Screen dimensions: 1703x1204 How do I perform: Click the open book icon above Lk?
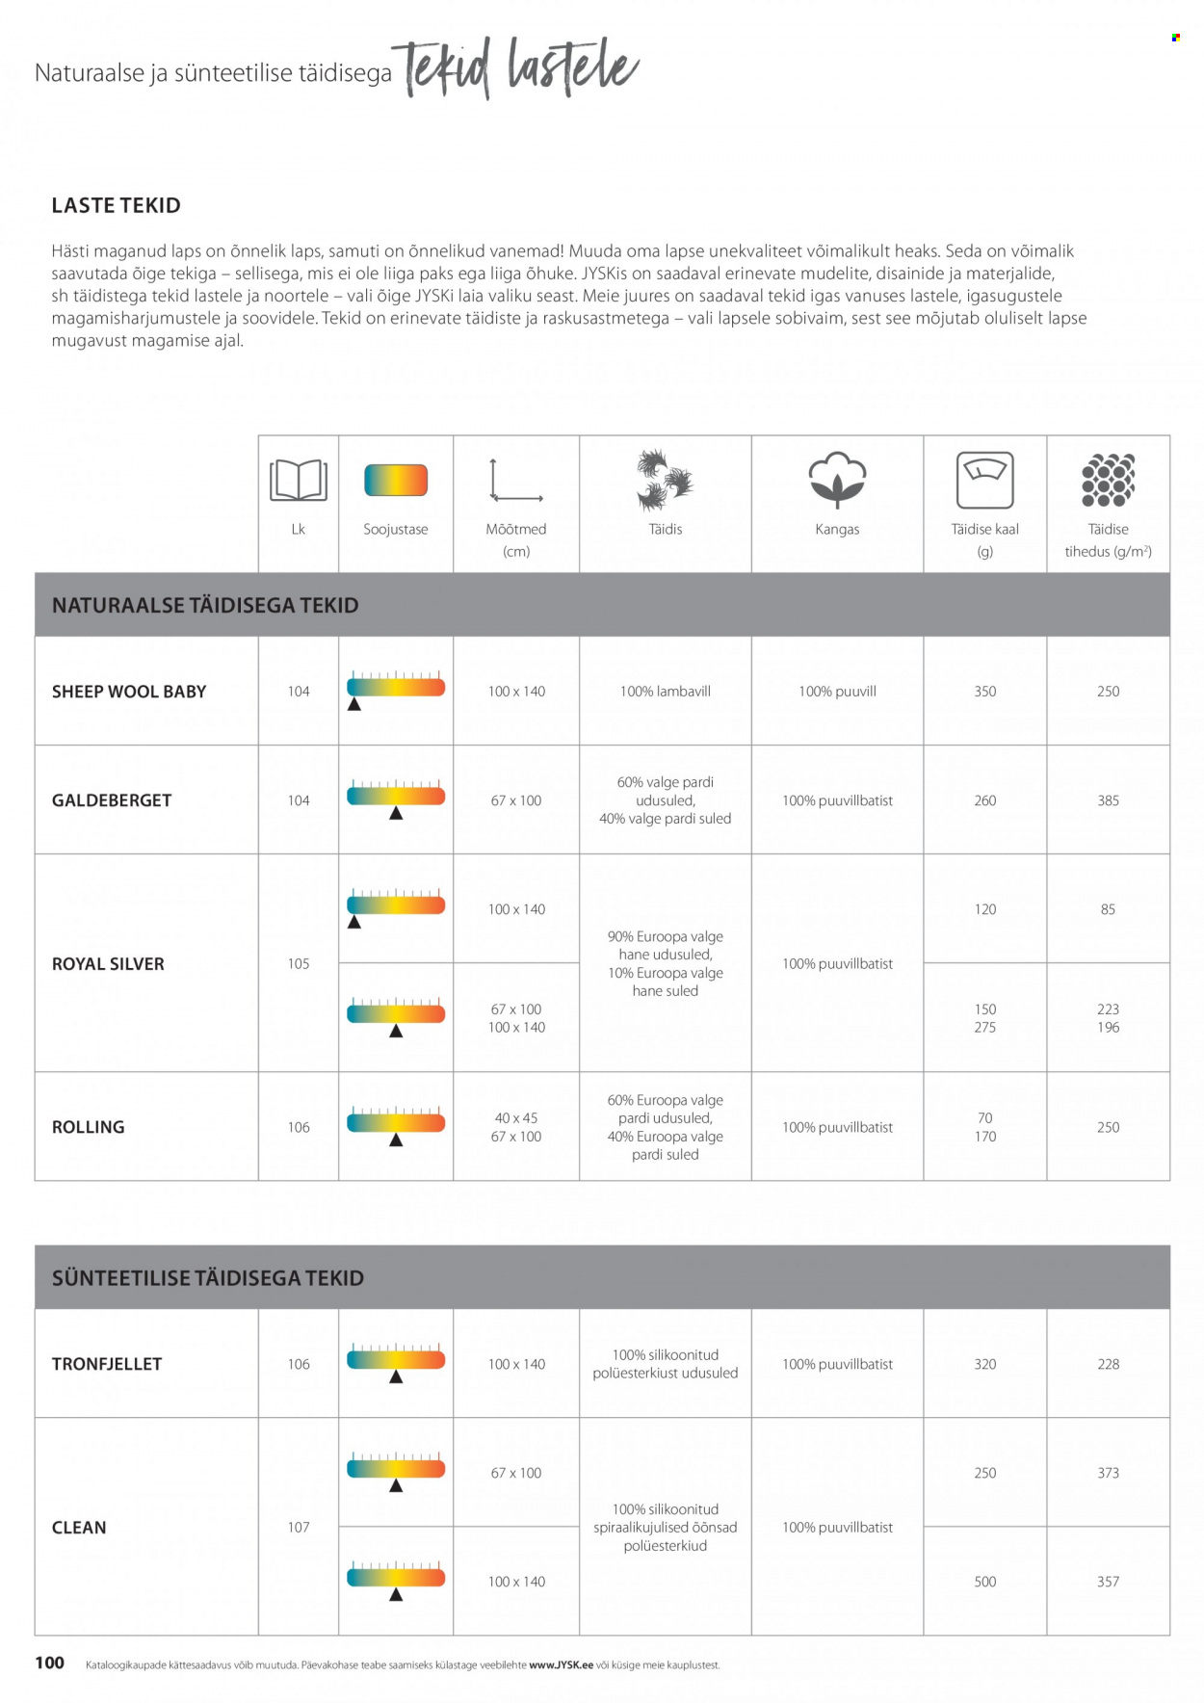299,480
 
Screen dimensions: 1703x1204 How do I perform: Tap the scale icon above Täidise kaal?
984,480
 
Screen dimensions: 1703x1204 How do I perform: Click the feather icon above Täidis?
665,480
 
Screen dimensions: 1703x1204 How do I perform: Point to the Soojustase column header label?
395,529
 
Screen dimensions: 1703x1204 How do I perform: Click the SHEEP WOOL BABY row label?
129,692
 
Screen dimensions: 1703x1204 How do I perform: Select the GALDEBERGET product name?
112,800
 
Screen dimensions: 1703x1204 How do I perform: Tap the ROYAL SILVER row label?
108,963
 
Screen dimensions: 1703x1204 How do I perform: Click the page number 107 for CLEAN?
299,1527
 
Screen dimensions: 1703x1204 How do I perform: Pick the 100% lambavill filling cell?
665,692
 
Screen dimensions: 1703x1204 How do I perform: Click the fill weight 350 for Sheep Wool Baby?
984,692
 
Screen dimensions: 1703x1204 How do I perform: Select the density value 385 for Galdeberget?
1108,800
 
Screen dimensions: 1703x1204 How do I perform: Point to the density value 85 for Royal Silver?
1108,909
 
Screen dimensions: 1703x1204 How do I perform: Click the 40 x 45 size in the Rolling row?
516,1118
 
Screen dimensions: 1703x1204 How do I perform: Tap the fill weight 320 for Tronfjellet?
984,1364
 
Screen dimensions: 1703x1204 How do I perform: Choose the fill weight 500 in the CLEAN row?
984,1582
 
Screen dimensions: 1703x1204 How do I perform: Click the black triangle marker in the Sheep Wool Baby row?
354,705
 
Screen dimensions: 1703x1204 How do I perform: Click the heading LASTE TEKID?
116,205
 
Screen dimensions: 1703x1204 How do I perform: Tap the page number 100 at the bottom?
49,1663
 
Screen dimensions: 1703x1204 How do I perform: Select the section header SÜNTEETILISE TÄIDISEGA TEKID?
208,1278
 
